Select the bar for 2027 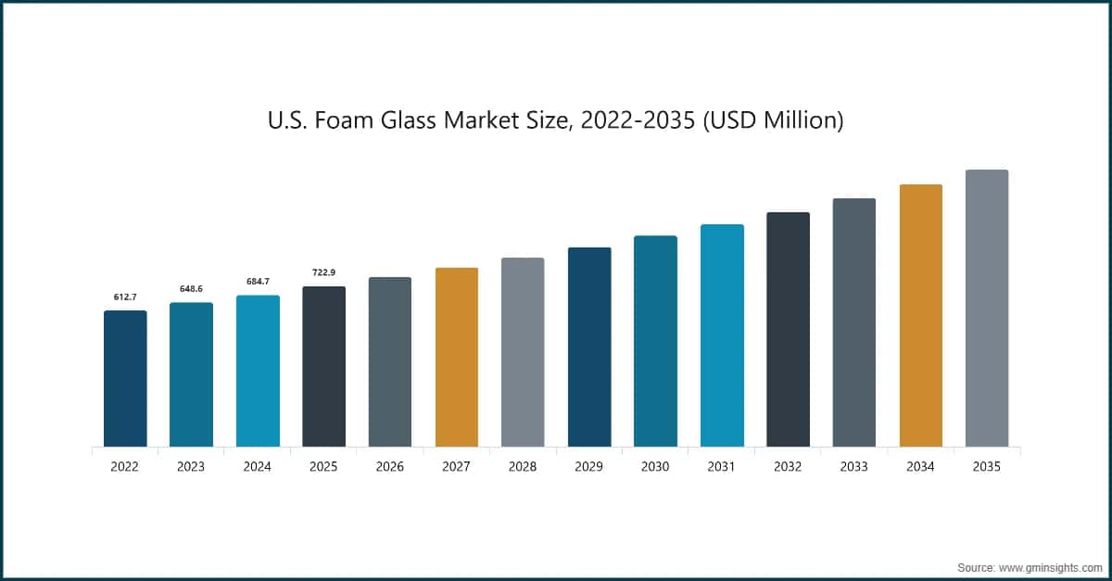click(x=456, y=357)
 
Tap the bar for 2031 click(x=722, y=335)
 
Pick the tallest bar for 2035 click(x=987, y=308)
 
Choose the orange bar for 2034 click(x=920, y=315)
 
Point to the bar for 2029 click(x=589, y=347)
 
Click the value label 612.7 click(x=125, y=297)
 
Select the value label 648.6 click(x=191, y=289)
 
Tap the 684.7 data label click(x=258, y=282)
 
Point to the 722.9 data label click(x=323, y=272)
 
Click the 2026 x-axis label click(x=390, y=467)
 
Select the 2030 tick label click(x=655, y=467)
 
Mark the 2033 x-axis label click(x=854, y=467)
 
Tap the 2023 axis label click(x=191, y=467)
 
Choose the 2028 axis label click(x=523, y=467)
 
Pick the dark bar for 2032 click(x=788, y=329)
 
